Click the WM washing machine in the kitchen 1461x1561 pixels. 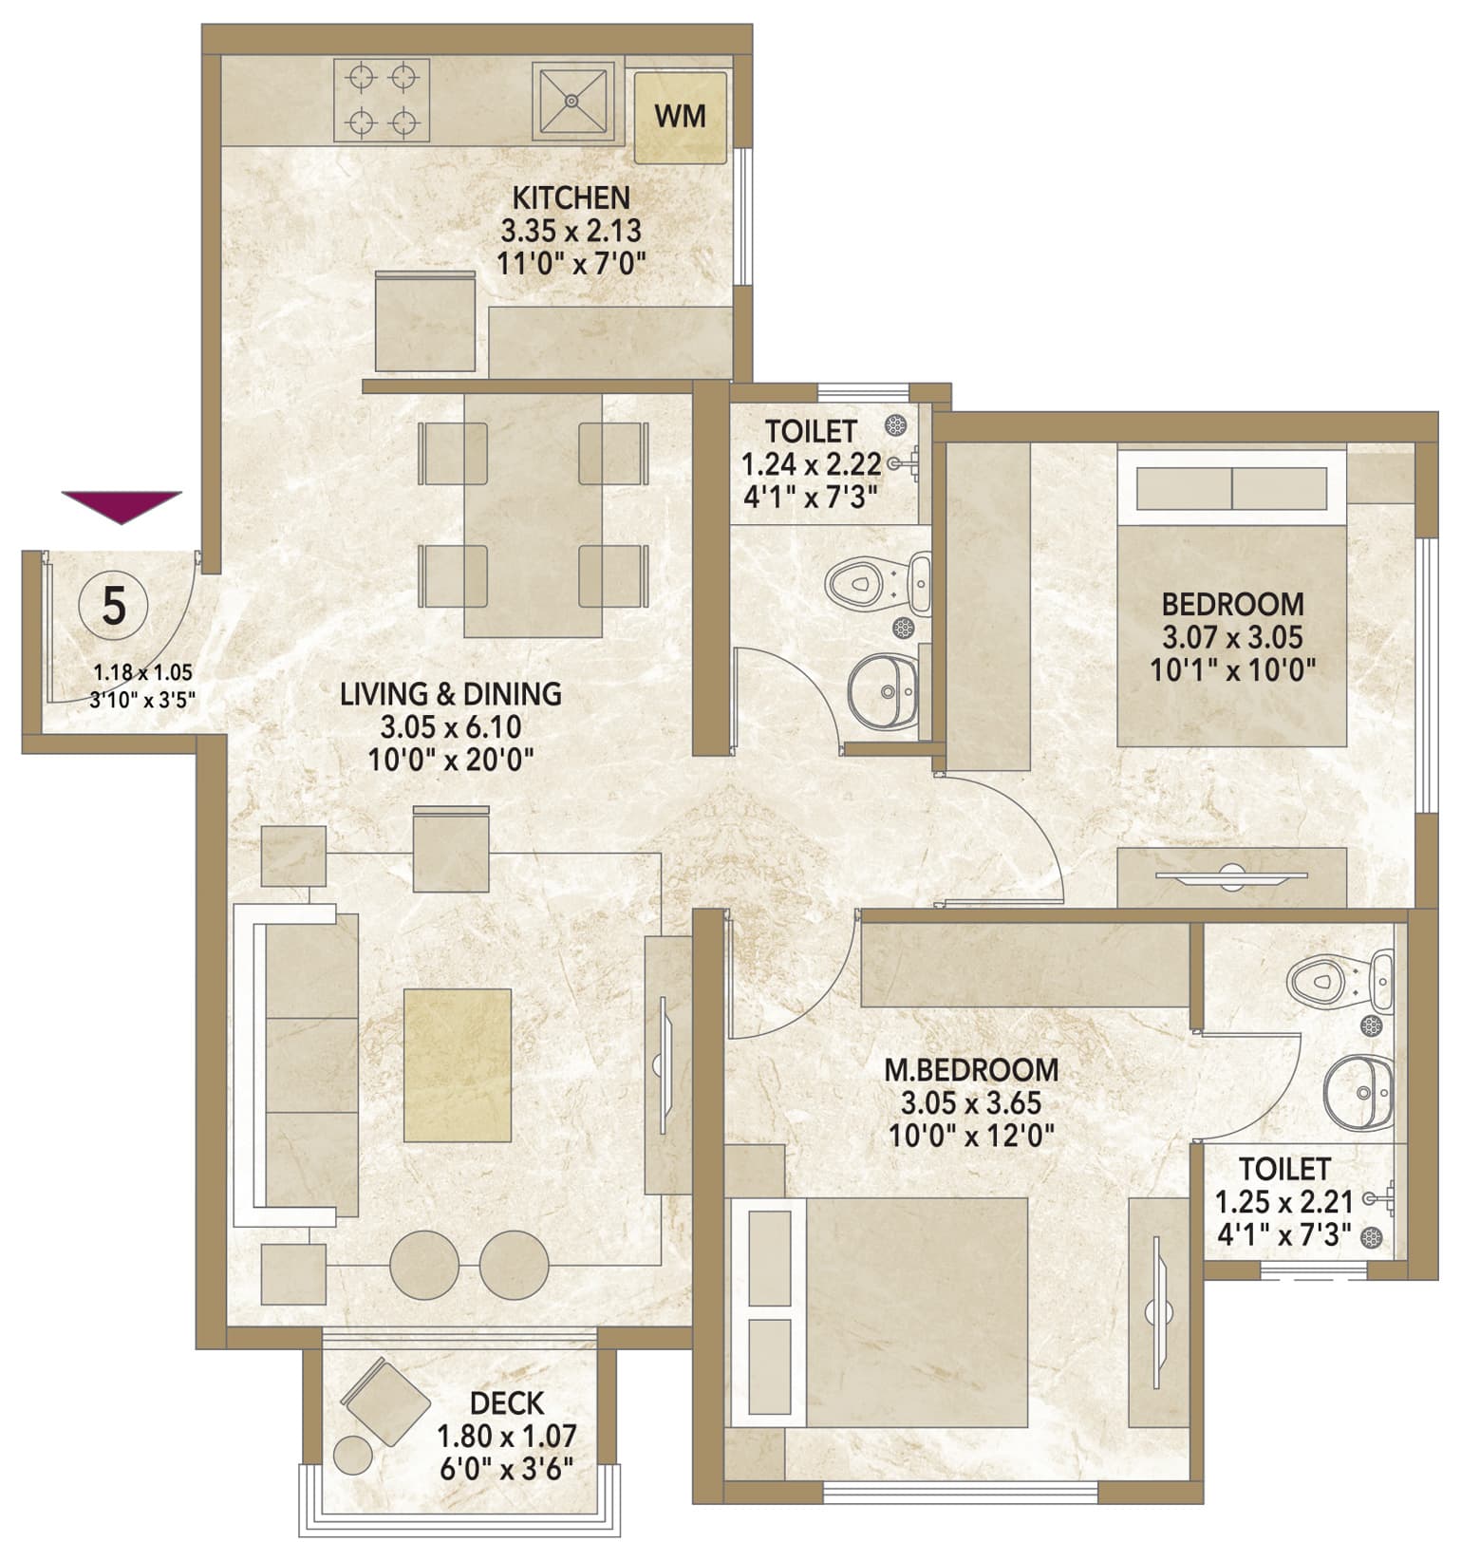point(680,117)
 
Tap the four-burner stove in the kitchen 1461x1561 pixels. point(382,99)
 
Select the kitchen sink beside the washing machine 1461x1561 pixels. point(572,99)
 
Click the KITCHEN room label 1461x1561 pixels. point(571,197)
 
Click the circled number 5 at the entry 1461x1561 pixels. point(114,606)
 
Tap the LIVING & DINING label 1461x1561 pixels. point(451,694)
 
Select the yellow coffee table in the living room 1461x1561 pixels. point(458,1065)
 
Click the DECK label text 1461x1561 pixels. point(507,1402)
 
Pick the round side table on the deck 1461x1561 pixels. point(354,1455)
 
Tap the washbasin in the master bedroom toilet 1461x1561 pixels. point(1359,1095)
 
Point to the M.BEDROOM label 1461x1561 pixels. point(971,1070)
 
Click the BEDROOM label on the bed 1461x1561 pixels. point(1232,604)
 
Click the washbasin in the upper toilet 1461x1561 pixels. point(883,690)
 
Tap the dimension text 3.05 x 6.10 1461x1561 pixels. point(451,728)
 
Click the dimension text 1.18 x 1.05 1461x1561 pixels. point(142,673)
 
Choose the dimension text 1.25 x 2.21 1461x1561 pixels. point(1283,1203)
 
